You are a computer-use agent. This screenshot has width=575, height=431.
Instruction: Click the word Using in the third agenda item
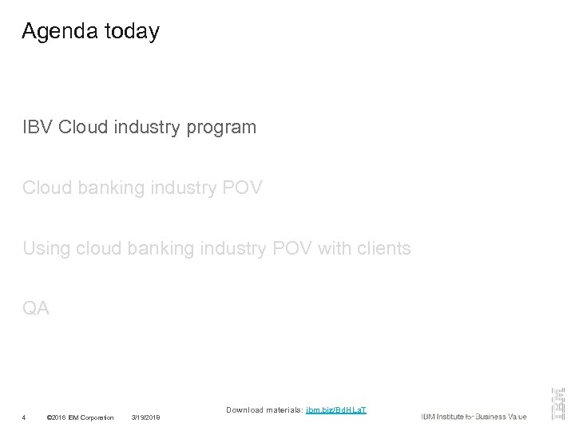[x=46, y=249]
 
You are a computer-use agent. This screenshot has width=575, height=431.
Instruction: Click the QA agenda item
[x=36, y=308]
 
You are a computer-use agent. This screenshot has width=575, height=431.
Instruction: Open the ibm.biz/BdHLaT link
[x=336, y=409]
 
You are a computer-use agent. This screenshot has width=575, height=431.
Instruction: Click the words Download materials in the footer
[x=264, y=409]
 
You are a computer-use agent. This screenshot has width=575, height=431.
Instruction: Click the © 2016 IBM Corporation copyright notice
[x=80, y=417]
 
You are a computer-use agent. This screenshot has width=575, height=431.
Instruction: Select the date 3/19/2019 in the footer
[x=146, y=417]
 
